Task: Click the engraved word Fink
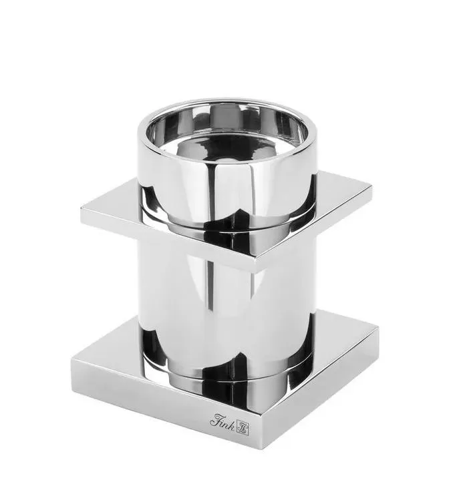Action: pyautogui.click(x=222, y=421)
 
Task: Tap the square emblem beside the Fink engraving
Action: pyautogui.click(x=243, y=429)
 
